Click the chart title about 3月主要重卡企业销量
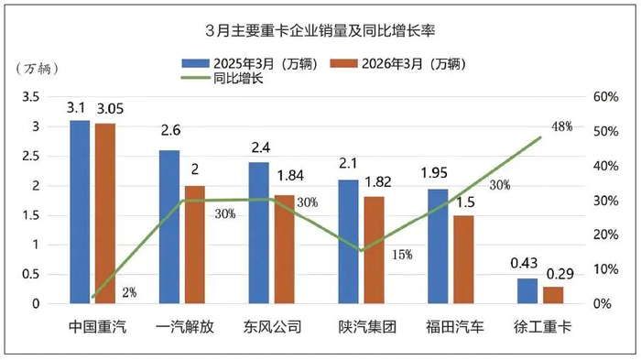[x=320, y=31]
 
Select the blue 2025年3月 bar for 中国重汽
[x=80, y=212]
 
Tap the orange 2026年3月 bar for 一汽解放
[x=194, y=245]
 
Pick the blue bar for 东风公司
[x=259, y=233]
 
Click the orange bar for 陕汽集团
[x=374, y=250]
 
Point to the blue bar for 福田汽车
[x=438, y=246]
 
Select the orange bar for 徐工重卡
[x=553, y=295]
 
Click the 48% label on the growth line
[x=561, y=126]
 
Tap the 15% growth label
[x=402, y=255]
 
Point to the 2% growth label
[x=129, y=292]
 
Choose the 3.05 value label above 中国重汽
[x=110, y=109]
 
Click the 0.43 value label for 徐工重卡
[x=524, y=263]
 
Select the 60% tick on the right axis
[x=605, y=97]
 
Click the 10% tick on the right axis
[x=605, y=269]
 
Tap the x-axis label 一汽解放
[x=185, y=327]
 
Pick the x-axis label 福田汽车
[x=454, y=327]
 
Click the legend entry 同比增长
[x=223, y=78]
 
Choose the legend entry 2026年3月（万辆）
[x=398, y=64]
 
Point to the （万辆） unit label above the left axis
[x=38, y=69]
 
